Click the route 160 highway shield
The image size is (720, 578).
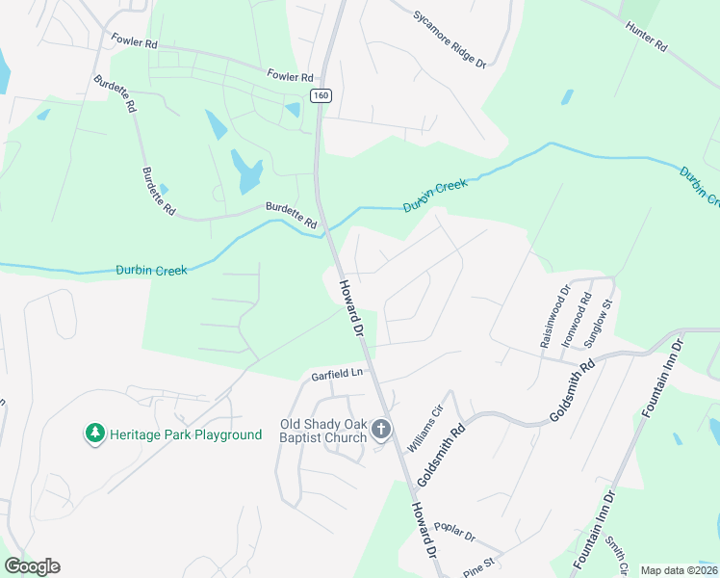click(x=320, y=94)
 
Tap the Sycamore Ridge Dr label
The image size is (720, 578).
click(x=450, y=39)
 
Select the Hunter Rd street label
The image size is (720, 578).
click(x=645, y=37)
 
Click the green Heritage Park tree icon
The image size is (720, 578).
click(x=94, y=434)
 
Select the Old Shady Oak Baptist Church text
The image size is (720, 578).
click(x=322, y=431)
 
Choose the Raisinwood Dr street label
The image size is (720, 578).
click(x=553, y=316)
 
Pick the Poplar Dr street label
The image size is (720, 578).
click(x=454, y=533)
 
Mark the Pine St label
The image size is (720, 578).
click(x=477, y=561)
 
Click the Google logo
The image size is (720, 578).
click(x=32, y=565)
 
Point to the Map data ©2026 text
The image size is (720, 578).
click(x=678, y=570)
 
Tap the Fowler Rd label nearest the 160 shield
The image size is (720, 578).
click(x=291, y=76)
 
